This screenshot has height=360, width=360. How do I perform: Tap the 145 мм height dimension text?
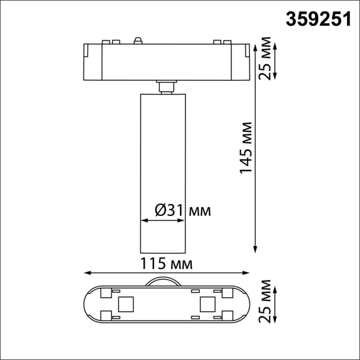click(x=247, y=148)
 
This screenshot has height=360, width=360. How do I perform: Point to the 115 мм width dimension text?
click(x=167, y=264)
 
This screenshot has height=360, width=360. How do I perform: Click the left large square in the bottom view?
click(x=124, y=304)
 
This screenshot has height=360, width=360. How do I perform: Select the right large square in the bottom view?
click(x=207, y=304)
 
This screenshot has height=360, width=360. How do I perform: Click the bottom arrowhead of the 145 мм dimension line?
click(x=256, y=249)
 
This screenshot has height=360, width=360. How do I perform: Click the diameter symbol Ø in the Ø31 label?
click(x=160, y=210)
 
